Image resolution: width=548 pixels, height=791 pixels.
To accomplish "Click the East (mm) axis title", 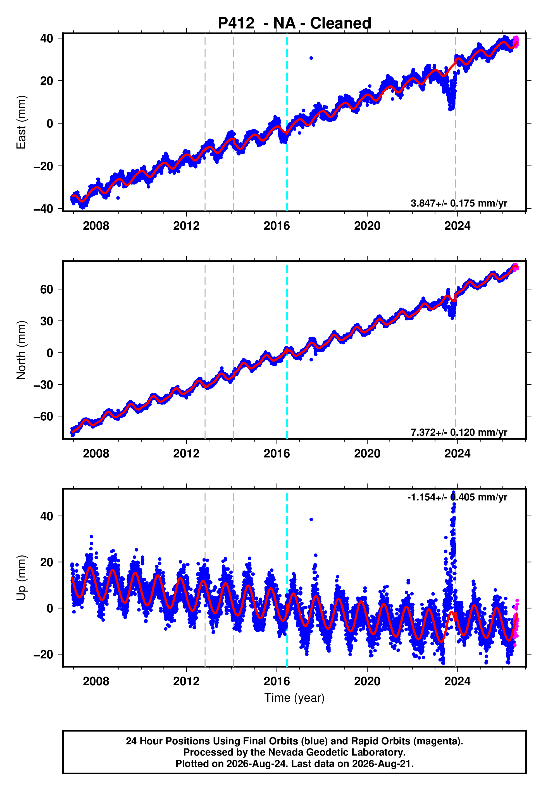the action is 21,123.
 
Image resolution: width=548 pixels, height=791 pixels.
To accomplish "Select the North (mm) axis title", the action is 21,350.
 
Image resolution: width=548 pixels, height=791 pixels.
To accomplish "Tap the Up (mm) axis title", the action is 21,578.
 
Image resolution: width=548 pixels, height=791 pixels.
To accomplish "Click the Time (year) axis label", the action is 294,698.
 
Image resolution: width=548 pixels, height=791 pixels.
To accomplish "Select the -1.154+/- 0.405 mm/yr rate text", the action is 457,497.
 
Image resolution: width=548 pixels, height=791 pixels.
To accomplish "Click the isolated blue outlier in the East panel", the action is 311,58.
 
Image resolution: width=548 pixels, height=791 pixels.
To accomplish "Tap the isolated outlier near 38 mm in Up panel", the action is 311,519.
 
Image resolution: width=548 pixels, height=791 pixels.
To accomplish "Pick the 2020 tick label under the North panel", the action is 367,454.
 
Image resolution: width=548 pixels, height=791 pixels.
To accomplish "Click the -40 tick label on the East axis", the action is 43,208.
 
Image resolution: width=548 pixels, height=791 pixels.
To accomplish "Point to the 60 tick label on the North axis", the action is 47,289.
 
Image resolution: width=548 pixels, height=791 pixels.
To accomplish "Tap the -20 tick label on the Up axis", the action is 43,654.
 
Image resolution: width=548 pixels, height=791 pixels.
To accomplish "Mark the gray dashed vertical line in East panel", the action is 205,123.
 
